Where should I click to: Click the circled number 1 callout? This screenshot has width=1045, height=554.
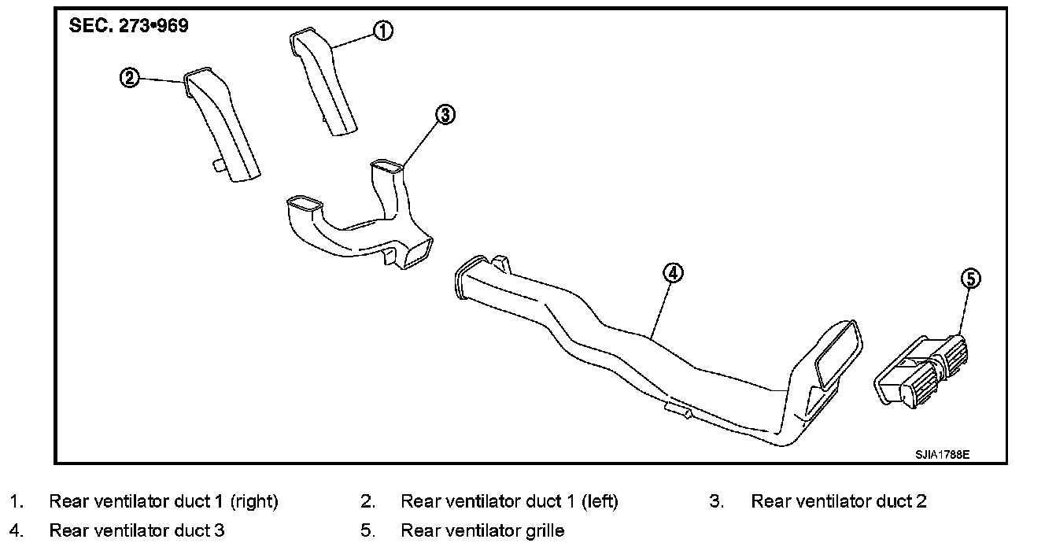382,31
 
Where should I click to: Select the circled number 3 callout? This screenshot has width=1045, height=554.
445,115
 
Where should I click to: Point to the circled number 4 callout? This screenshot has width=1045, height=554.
673,273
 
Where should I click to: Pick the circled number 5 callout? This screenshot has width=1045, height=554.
971,278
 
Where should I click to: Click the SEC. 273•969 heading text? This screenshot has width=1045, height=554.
129,25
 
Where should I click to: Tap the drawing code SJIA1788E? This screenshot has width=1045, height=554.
942,455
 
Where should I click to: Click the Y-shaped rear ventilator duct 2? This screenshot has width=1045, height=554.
358,228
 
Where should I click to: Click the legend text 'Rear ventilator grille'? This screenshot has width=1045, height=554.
482,530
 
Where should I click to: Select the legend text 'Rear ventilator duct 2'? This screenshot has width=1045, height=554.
838,501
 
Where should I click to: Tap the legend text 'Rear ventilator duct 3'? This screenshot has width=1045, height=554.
137,530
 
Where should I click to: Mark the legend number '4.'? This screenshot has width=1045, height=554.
17,530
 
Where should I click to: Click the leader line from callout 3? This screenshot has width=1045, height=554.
421,142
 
